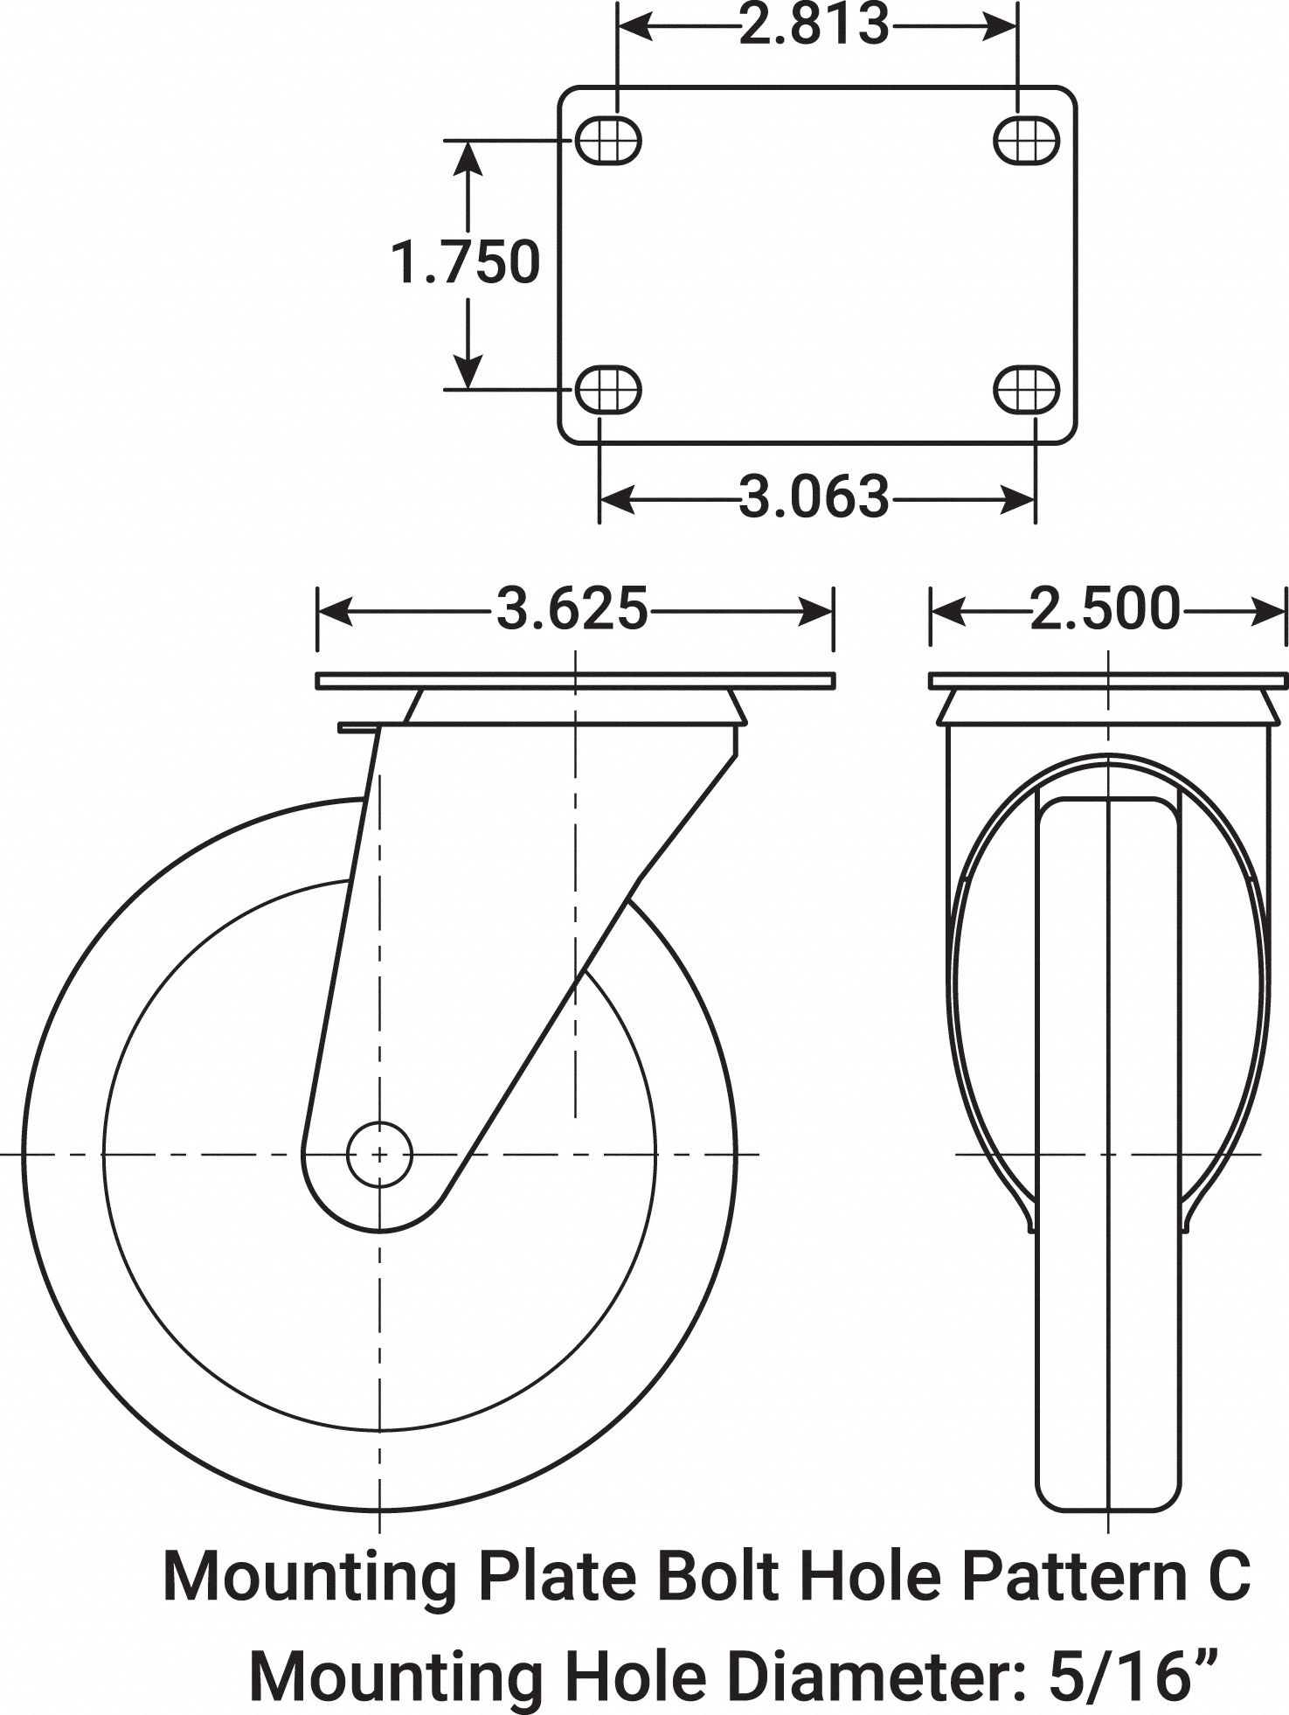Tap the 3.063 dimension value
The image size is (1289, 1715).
(814, 497)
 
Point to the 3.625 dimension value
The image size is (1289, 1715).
(572, 609)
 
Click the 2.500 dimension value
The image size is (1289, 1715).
(1105, 609)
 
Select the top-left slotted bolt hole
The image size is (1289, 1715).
(607, 140)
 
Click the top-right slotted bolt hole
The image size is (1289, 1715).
(1027, 140)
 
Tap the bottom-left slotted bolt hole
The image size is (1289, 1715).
(607, 389)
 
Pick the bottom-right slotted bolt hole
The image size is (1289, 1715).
(1027, 389)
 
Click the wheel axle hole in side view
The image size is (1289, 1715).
(379, 1155)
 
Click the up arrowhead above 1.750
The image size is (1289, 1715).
(469, 157)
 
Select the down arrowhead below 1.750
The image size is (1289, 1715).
(469, 371)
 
